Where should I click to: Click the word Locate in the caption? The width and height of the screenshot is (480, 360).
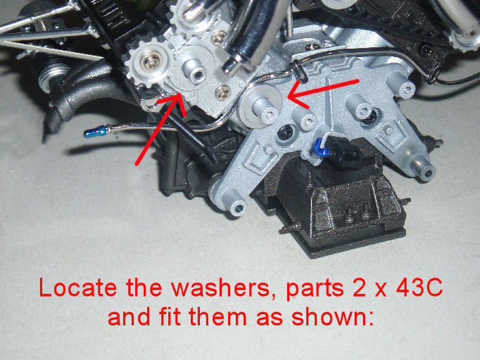(x=77, y=288)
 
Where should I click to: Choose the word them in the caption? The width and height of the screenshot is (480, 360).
(x=218, y=316)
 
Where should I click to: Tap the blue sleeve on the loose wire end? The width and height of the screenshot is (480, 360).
(x=96, y=132)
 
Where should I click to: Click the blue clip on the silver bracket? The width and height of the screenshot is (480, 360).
(x=320, y=147)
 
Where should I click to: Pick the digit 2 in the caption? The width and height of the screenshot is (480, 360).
(x=359, y=288)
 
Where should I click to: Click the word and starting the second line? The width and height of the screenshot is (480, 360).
(x=129, y=316)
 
